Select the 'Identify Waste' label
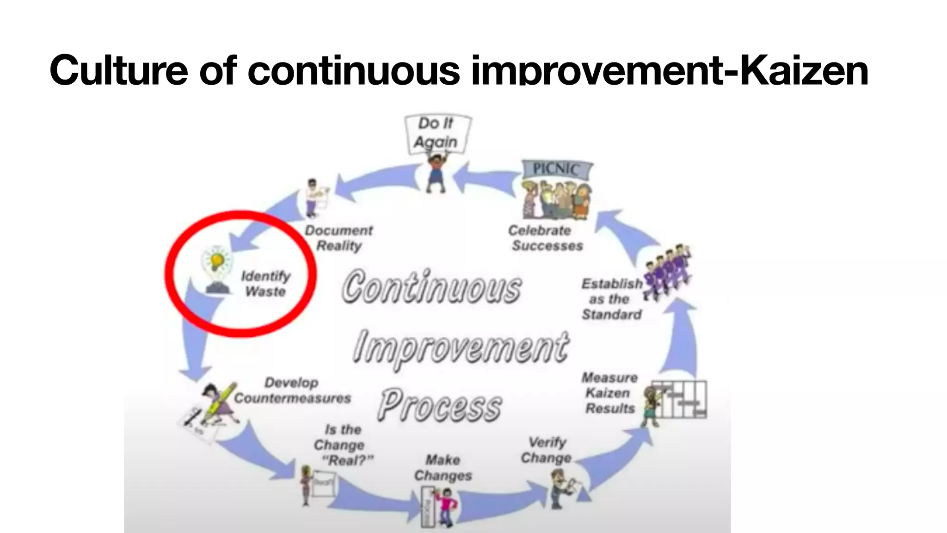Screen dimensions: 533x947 pyautogui.click(x=265, y=284)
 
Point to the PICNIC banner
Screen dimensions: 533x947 pyautogui.click(x=556, y=169)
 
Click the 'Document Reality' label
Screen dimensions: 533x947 pyautogui.click(x=339, y=238)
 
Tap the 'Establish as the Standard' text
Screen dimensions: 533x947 pyautogui.click(x=611, y=299)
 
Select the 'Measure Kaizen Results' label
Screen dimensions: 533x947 pyautogui.click(x=609, y=393)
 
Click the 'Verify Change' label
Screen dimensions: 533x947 pyautogui.click(x=547, y=450)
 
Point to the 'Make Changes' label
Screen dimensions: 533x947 pyautogui.click(x=443, y=468)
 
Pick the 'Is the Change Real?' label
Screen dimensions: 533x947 pyautogui.click(x=343, y=445)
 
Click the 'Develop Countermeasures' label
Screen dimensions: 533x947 pyautogui.click(x=292, y=390)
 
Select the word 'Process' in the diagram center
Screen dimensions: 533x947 pyautogui.click(x=439, y=405)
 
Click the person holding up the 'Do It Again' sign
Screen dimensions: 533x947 pyautogui.click(x=435, y=174)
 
